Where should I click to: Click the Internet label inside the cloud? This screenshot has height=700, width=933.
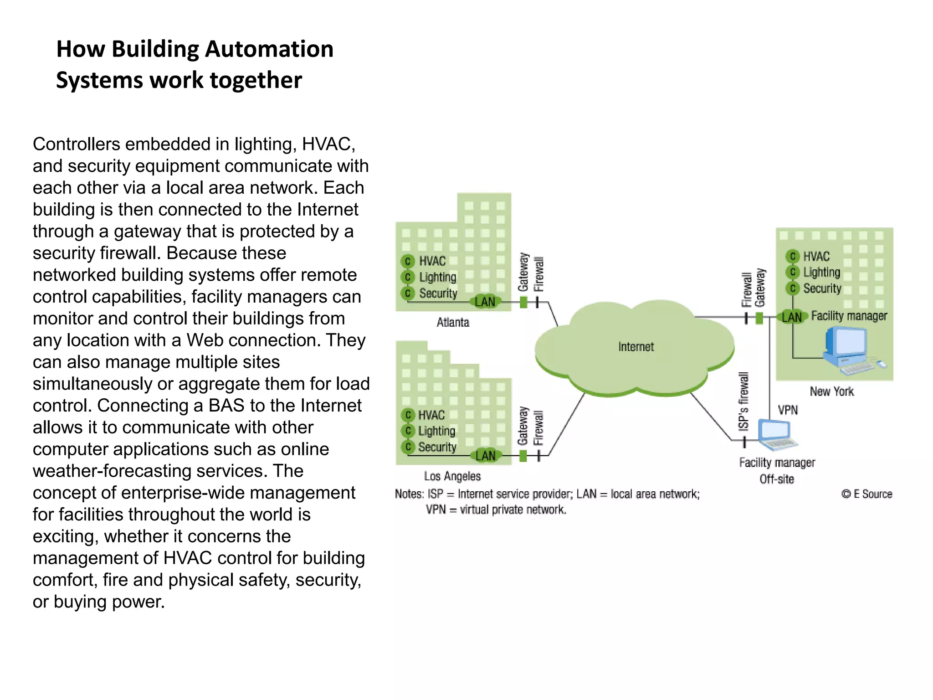pyautogui.click(x=636, y=347)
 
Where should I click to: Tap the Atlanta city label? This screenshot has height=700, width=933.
pyautogui.click(x=453, y=322)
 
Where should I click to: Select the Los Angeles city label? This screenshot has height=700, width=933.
pyautogui.click(x=452, y=476)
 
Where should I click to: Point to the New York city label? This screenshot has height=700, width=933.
pyautogui.click(x=831, y=391)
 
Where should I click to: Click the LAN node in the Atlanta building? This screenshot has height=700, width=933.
pyautogui.click(x=485, y=301)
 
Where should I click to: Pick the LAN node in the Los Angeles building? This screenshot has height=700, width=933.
pyautogui.click(x=486, y=455)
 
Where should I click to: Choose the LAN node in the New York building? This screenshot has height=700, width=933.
pyautogui.click(x=792, y=317)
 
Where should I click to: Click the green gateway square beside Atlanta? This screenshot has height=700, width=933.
pyautogui.click(x=523, y=302)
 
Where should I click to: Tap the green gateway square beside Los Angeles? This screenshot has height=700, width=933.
pyautogui.click(x=523, y=456)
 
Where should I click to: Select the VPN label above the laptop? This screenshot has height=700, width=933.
pyautogui.click(x=788, y=410)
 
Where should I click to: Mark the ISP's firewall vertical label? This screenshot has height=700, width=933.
pyautogui.click(x=743, y=401)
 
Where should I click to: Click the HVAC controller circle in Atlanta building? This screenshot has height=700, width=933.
pyautogui.click(x=408, y=261)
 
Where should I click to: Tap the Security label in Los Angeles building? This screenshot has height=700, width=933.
pyautogui.click(x=437, y=447)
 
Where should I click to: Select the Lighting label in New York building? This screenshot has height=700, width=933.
pyautogui.click(x=821, y=273)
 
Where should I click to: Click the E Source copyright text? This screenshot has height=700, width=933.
pyautogui.click(x=866, y=494)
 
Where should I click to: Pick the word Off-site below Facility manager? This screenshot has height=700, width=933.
pyautogui.click(x=776, y=479)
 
